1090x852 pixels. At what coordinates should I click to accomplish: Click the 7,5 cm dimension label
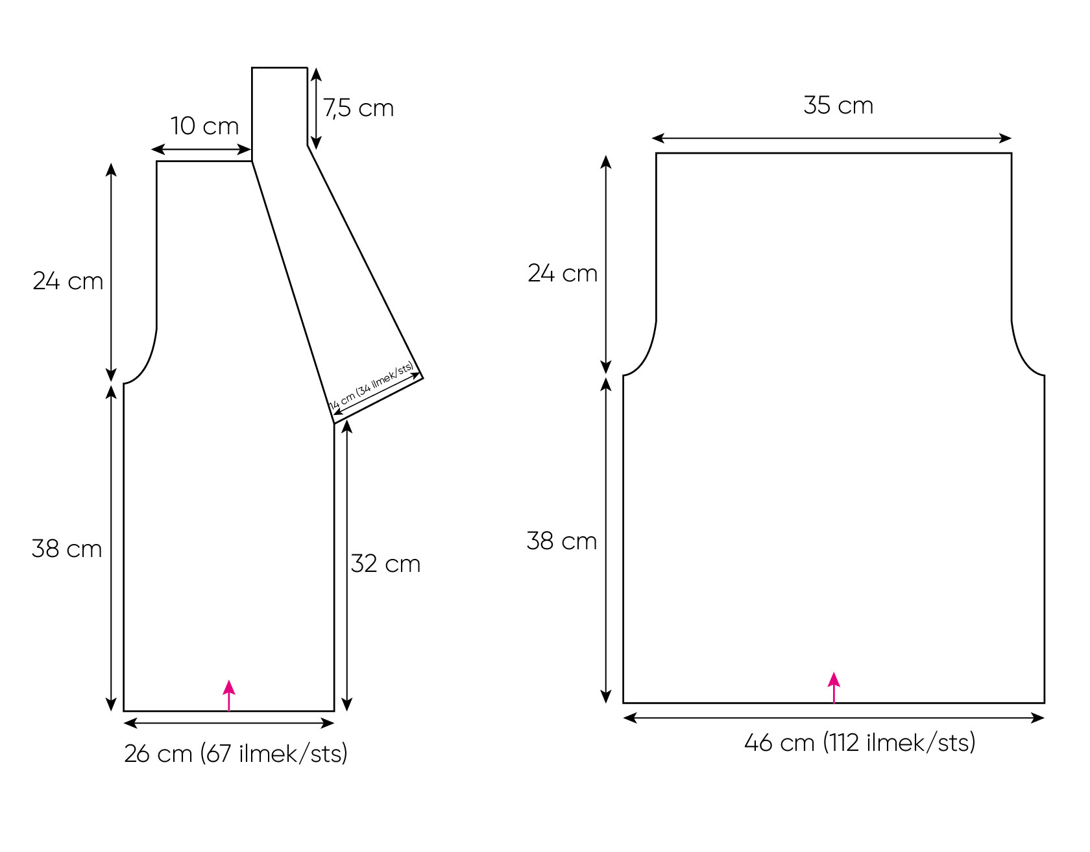pyautogui.click(x=359, y=108)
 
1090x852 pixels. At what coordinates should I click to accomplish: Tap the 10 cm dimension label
pyautogui.click(x=204, y=126)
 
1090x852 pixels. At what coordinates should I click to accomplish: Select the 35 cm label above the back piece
pyautogui.click(x=838, y=105)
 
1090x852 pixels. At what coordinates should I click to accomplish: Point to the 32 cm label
pyautogui.click(x=385, y=563)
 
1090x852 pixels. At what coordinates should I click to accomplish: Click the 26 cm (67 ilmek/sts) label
pyautogui.click(x=236, y=753)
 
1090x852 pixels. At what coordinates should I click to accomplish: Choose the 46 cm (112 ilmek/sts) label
pyautogui.click(x=860, y=742)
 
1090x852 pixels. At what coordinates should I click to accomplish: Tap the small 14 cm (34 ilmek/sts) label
pyautogui.click(x=372, y=387)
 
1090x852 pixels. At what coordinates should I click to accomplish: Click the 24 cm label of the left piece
pyautogui.click(x=68, y=281)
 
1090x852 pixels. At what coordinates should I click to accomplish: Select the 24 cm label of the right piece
pyautogui.click(x=563, y=274)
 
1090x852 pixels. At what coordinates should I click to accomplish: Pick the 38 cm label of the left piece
pyautogui.click(x=67, y=549)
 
